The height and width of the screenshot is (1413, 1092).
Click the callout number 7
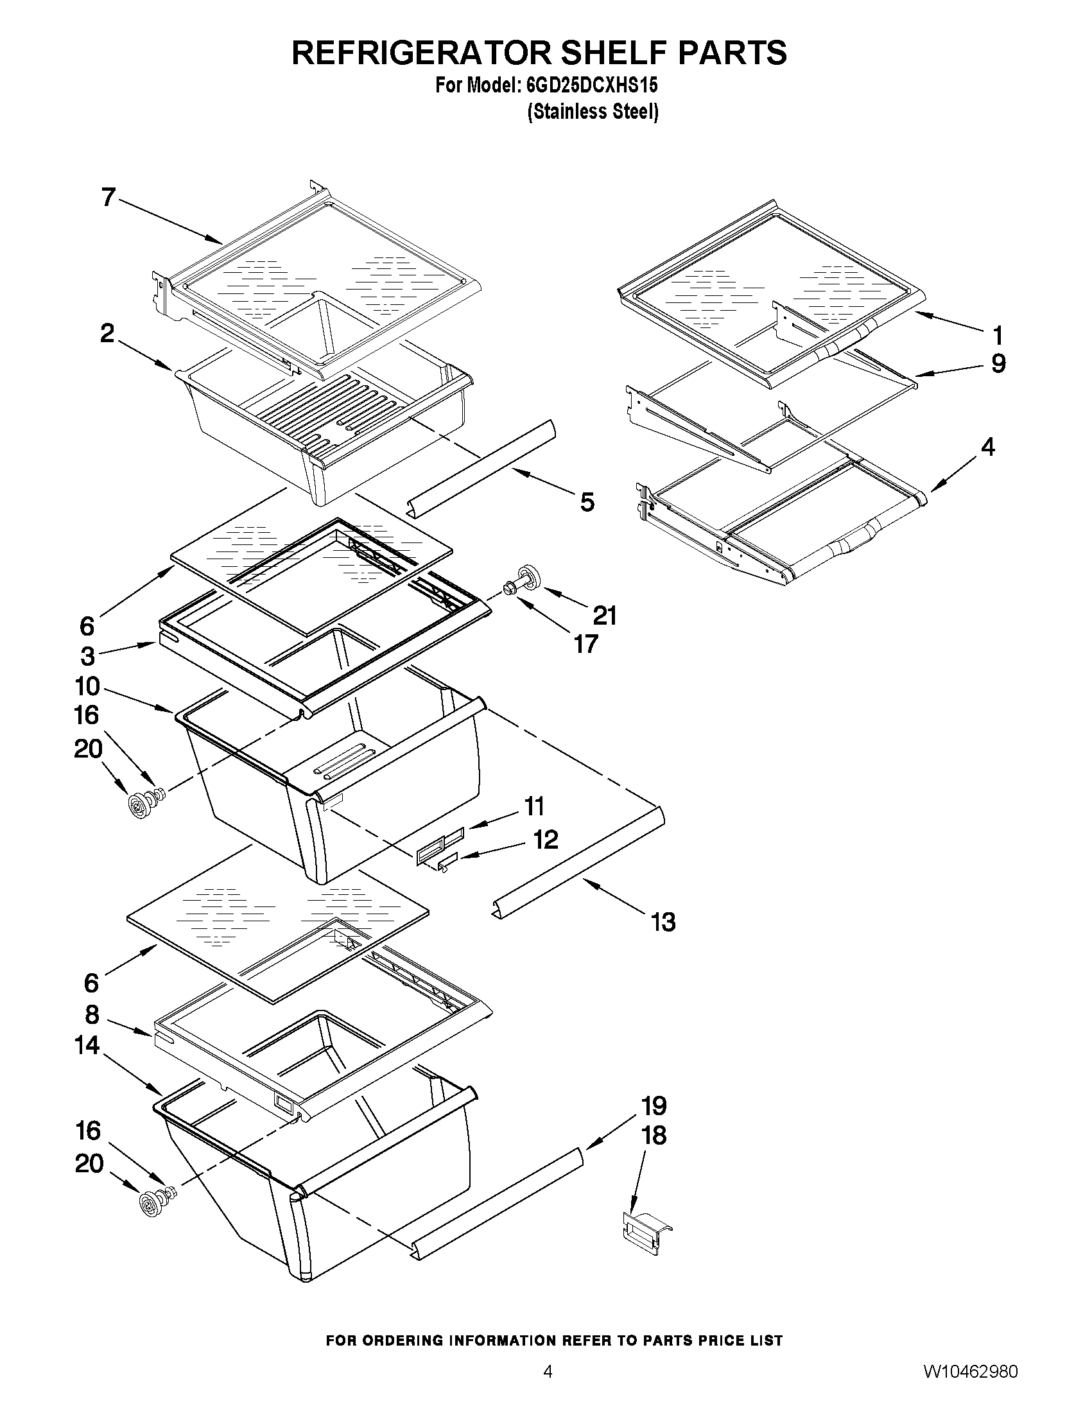coord(108,196)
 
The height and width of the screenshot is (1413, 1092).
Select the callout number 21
coord(605,615)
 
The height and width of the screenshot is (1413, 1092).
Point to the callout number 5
coord(587,501)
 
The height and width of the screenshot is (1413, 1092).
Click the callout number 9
coord(998,364)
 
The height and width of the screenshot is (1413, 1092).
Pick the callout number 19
coord(655,1105)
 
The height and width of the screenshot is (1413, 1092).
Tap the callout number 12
coord(545,839)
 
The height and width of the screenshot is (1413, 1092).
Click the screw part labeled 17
coord(510,588)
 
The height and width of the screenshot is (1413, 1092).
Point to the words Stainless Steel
coord(593,112)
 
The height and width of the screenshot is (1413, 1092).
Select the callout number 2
coord(107,333)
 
